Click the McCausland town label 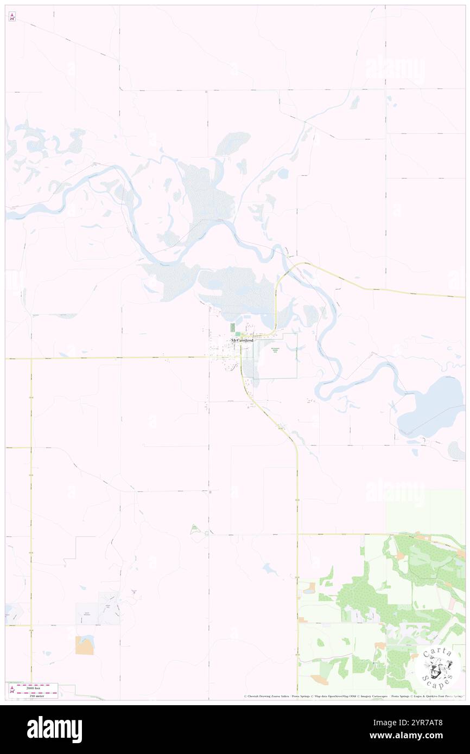click(x=242, y=340)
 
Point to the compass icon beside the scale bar click(x=12, y=689)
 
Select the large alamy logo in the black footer click(x=54, y=729)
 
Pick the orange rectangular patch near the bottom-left click(x=84, y=645)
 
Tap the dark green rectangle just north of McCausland click(x=233, y=328)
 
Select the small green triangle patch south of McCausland click(x=194, y=530)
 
